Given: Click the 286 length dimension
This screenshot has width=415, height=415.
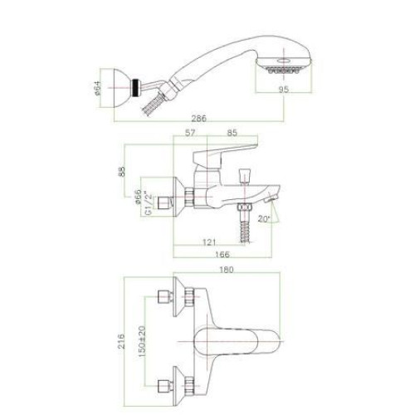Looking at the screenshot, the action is tap(199, 119).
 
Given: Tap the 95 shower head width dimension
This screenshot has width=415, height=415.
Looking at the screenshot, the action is tap(284, 89).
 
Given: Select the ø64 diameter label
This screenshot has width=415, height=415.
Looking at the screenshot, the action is tap(98, 88).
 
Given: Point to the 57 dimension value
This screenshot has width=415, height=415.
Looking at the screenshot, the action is tap(190, 133).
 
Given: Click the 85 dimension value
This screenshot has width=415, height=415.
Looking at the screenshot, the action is tap(232, 133).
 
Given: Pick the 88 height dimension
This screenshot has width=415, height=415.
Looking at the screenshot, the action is tap(121, 171).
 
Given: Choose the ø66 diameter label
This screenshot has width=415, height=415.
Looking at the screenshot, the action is tap(138, 197).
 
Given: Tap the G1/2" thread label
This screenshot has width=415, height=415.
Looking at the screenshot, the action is tap(149, 204).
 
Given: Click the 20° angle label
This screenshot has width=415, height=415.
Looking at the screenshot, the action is tap(264, 219).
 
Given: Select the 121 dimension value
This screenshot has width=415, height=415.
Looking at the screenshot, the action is tap(209, 242).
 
